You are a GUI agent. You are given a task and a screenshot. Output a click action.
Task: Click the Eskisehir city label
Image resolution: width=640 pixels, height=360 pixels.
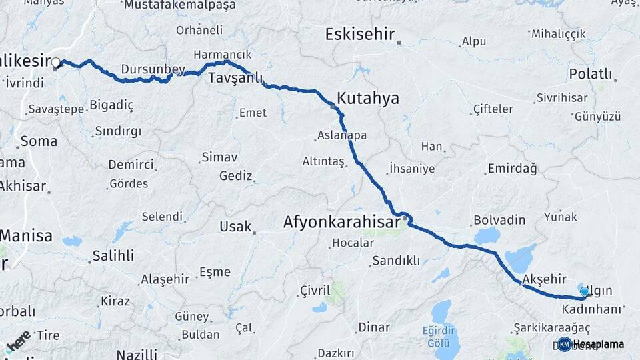(360, 35)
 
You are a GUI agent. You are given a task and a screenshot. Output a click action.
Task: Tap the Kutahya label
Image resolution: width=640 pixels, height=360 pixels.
(368, 99)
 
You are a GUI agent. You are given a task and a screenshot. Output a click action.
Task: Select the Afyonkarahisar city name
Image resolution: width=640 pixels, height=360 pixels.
(341, 221)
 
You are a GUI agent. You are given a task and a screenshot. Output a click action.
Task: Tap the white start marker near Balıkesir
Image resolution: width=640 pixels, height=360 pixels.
(56, 63)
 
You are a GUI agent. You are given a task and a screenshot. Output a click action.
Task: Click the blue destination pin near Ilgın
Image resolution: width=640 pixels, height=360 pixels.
(585, 292)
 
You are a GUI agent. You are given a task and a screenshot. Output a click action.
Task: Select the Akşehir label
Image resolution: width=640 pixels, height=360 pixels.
(545, 278)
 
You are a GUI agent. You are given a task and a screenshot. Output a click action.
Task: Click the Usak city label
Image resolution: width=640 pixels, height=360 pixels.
(235, 227)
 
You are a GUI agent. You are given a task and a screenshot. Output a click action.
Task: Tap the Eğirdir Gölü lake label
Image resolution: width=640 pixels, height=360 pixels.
(441, 335)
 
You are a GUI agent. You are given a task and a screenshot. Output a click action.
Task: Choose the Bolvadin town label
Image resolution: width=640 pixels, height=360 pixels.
(499, 220)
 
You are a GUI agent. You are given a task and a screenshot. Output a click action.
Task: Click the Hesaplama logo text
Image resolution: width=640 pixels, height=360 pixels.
(598, 345)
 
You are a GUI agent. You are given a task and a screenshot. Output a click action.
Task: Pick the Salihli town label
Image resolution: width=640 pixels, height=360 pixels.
(113, 255)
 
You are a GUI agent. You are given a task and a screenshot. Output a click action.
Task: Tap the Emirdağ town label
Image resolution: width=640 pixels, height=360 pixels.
(512, 169)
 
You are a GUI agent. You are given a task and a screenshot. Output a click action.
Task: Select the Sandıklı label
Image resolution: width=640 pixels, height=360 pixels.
(396, 261)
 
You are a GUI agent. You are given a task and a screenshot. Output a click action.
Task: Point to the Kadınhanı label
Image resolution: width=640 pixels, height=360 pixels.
(591, 310)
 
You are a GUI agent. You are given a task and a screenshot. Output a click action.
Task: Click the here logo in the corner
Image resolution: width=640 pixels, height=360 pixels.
(18, 341)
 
